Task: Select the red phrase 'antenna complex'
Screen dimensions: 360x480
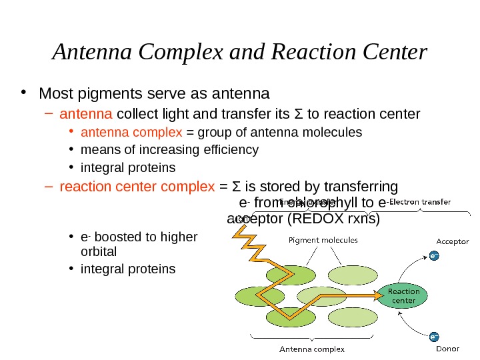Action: coord(121,131)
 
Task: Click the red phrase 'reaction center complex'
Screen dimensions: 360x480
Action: coord(133,186)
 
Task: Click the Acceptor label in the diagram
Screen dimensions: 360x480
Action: coord(452,241)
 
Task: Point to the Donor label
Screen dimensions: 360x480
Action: coord(447,349)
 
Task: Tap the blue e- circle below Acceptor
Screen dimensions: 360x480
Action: coord(433,255)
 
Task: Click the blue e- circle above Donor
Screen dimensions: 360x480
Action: coord(433,336)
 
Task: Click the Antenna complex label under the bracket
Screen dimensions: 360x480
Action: coord(312,349)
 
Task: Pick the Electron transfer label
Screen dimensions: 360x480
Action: coord(420,201)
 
